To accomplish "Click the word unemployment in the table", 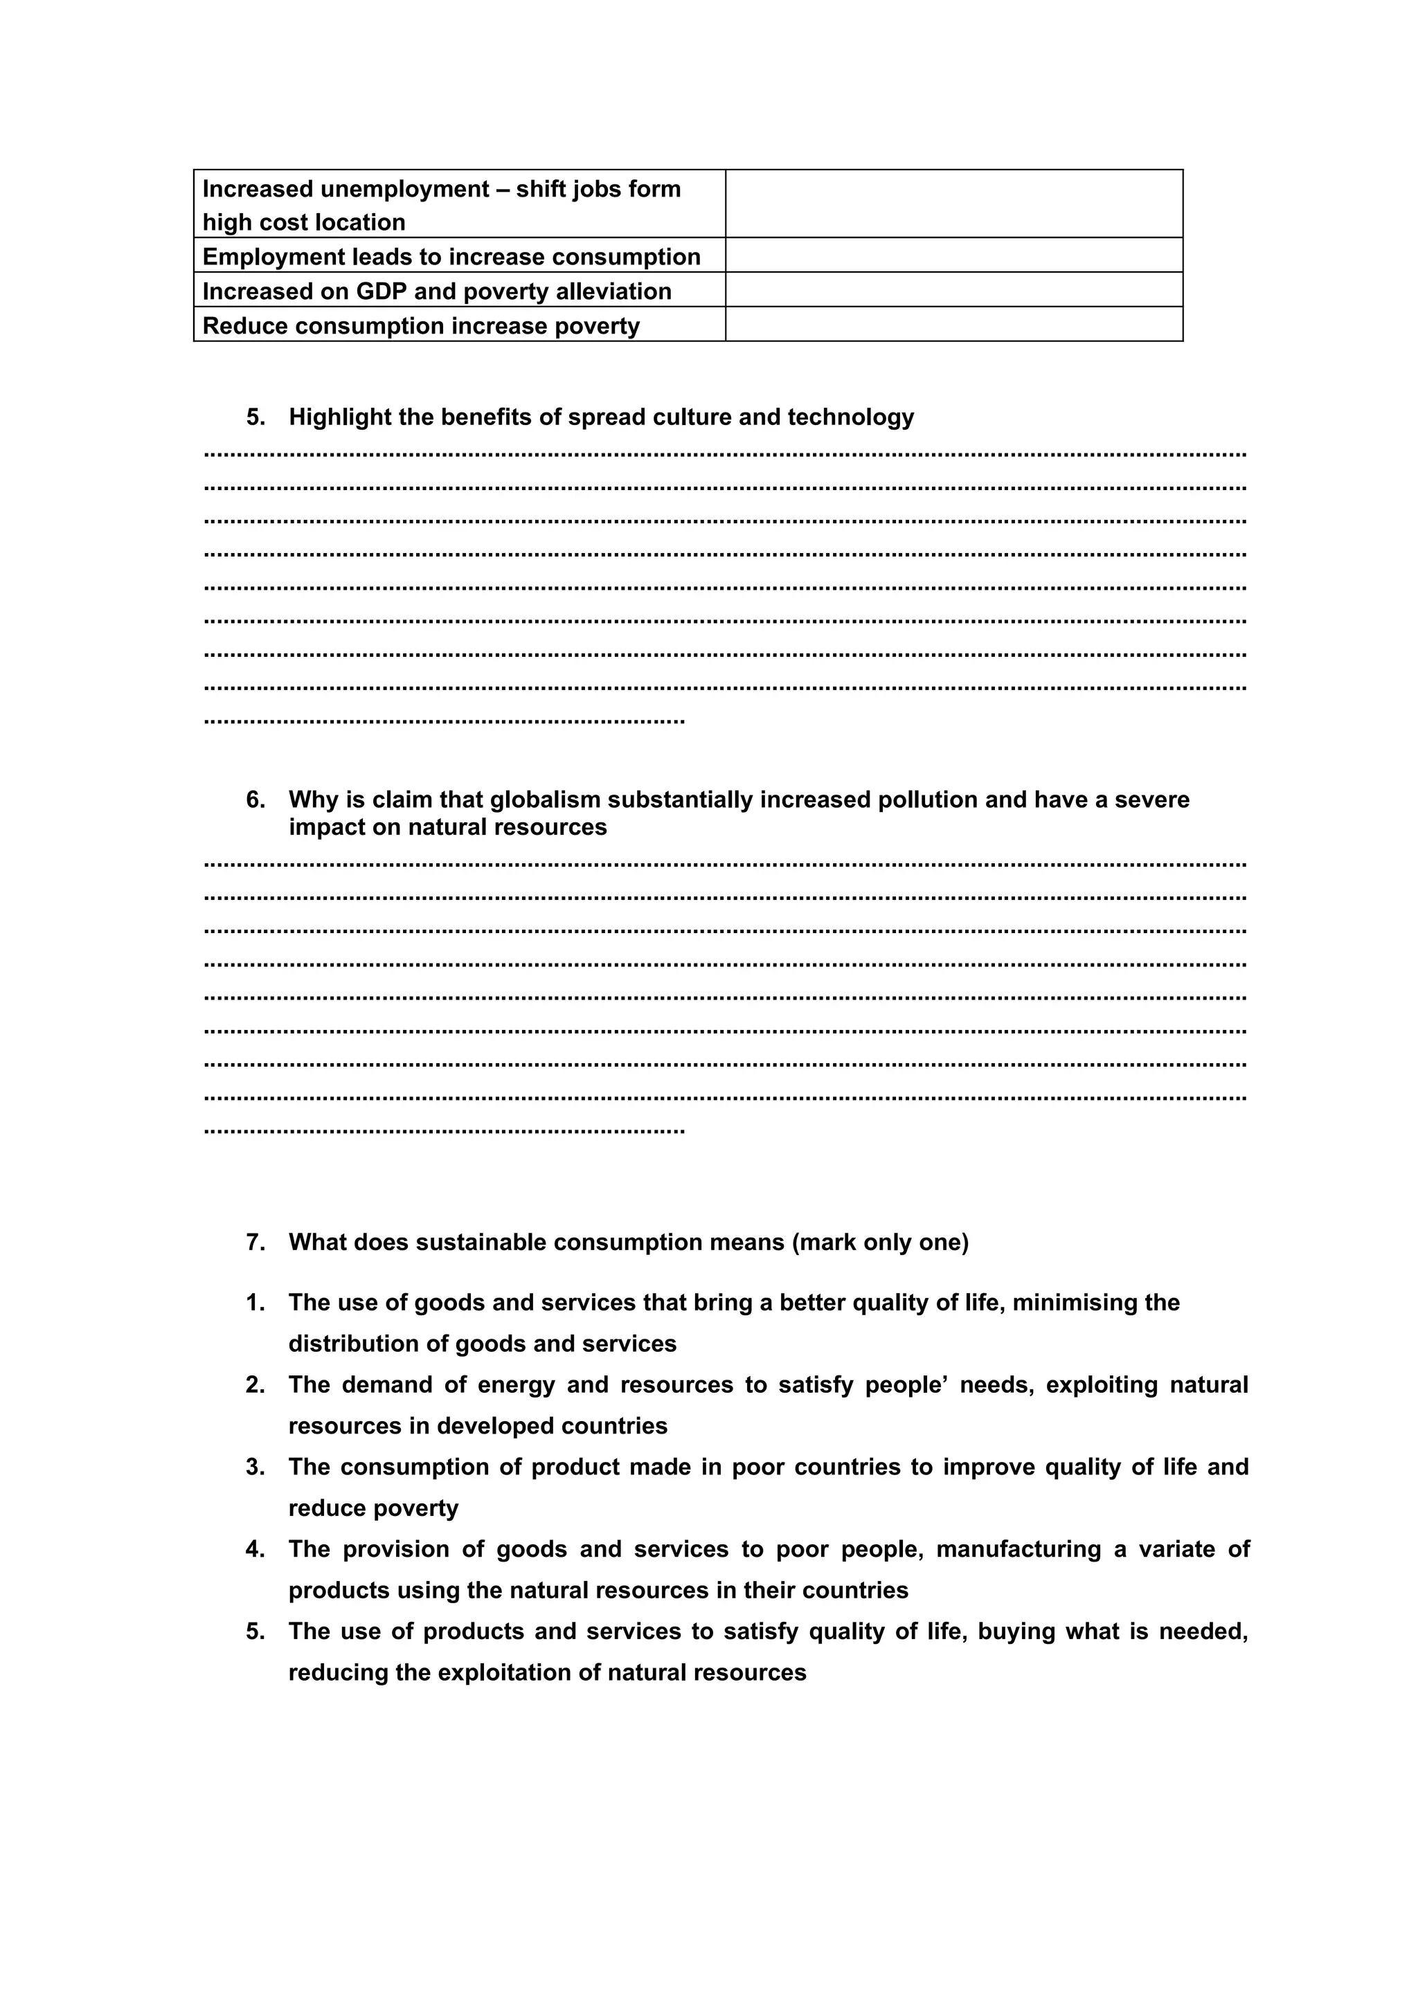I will (406, 190).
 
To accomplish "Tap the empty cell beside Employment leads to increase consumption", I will (953, 255).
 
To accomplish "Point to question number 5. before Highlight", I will (255, 417).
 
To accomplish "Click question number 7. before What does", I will (255, 1243).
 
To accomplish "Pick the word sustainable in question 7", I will (481, 1243).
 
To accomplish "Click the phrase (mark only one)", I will (880, 1243).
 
